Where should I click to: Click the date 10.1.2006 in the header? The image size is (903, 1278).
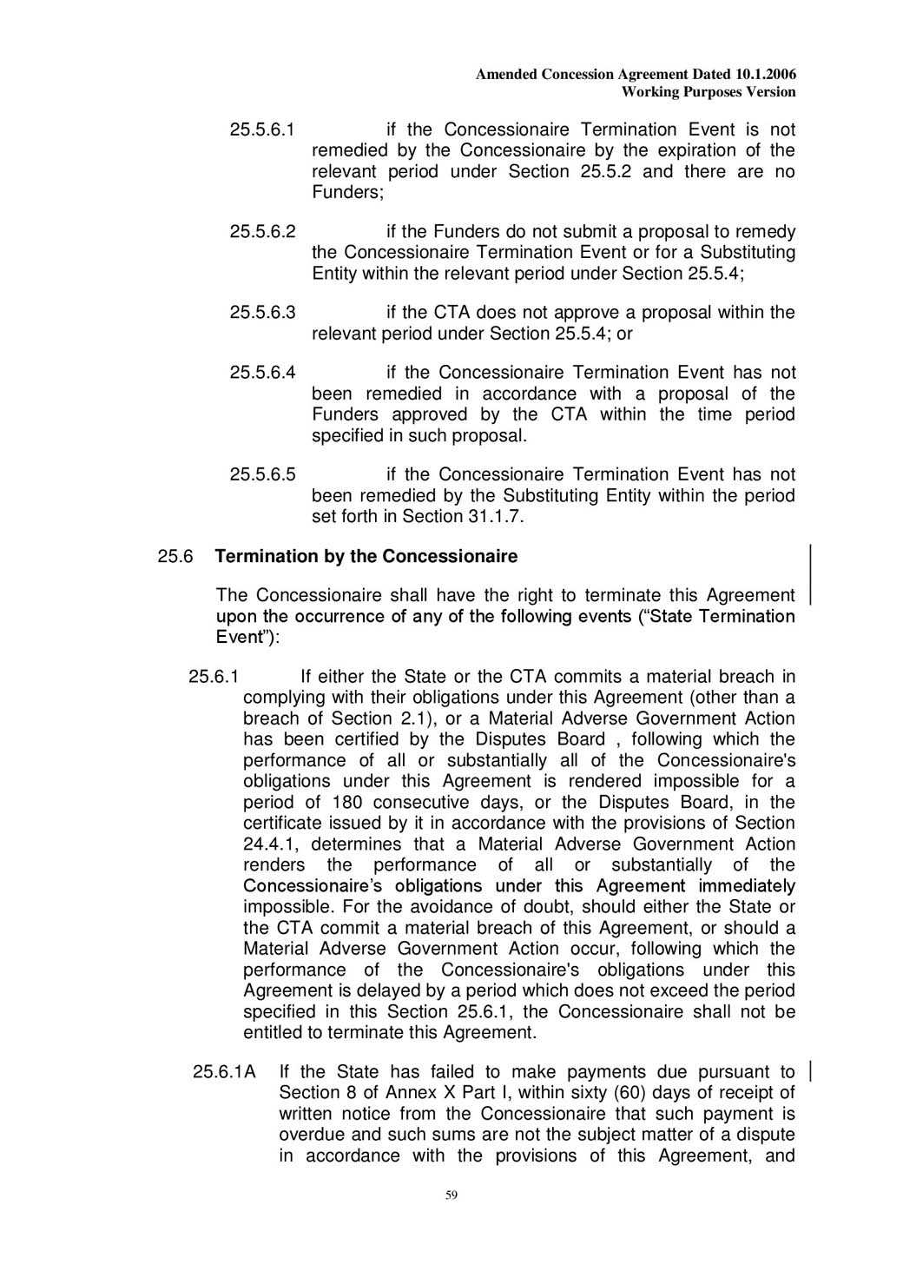(766, 75)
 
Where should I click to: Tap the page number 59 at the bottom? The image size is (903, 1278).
(451, 1195)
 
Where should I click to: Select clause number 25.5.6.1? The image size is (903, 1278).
(262, 130)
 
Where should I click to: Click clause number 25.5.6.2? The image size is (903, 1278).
(262, 232)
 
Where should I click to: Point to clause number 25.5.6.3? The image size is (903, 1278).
(262, 313)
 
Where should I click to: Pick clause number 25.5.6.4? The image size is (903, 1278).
(262, 373)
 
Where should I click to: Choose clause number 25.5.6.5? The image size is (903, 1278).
(262, 474)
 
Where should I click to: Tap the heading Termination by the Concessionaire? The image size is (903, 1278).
(366, 556)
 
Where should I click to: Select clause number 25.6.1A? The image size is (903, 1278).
(224, 1072)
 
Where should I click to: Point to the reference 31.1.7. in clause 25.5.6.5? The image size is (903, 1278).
(497, 516)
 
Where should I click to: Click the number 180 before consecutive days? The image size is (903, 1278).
(347, 802)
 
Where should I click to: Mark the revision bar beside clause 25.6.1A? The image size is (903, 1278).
(810, 1071)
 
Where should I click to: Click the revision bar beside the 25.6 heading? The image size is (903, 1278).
(810, 573)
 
